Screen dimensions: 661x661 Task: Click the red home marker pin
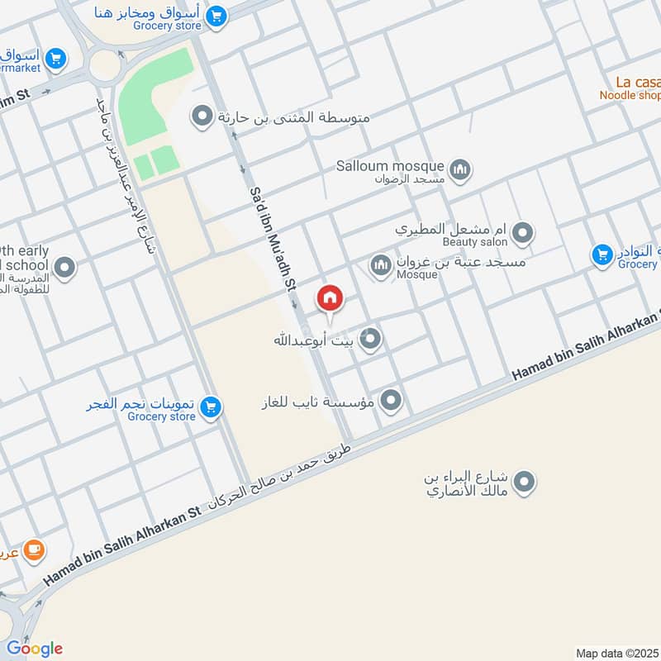(330, 297)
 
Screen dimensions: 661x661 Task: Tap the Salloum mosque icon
(460, 170)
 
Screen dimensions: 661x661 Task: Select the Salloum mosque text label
(390, 165)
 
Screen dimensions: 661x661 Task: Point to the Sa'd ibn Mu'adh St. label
(272, 240)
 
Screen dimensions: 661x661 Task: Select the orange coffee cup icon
(34, 549)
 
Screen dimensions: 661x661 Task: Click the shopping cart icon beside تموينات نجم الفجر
(211, 407)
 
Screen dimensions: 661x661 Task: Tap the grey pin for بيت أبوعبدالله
(371, 338)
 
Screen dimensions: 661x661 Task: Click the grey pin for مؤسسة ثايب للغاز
(391, 402)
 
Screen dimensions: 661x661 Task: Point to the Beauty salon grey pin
(521, 234)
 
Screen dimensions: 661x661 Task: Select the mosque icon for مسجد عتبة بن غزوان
(381, 266)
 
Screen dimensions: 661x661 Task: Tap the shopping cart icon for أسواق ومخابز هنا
(216, 16)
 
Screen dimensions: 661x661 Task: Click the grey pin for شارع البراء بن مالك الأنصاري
(524, 481)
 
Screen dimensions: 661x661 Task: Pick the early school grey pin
(64, 267)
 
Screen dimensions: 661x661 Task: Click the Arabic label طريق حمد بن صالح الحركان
(281, 478)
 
